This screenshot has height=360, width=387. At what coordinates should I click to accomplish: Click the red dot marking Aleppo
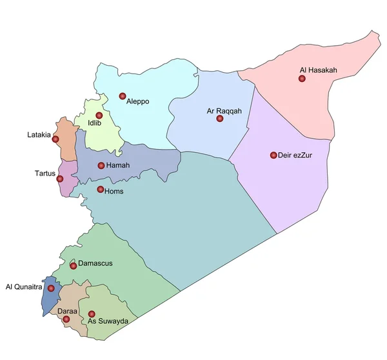[123, 96]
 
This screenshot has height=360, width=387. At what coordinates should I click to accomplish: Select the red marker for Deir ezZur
[273, 155]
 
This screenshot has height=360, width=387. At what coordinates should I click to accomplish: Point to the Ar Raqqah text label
[224, 111]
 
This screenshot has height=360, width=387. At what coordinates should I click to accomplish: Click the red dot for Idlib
[99, 115]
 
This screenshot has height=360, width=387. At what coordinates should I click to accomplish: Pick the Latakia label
[39, 135]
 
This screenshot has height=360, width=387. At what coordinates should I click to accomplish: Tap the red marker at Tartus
[60, 179]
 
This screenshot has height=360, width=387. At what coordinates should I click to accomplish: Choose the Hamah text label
[118, 166]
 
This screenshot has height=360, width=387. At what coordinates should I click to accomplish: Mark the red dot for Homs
[100, 190]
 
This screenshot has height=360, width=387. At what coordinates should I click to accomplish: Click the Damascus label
[95, 264]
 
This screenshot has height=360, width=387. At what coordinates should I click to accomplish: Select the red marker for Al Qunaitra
[51, 288]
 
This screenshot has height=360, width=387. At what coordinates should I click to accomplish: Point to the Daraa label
[67, 312]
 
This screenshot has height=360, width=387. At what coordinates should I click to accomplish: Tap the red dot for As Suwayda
[92, 314]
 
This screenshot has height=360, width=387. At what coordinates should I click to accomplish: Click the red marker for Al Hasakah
[301, 79]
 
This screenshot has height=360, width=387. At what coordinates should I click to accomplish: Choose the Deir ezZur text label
[295, 155]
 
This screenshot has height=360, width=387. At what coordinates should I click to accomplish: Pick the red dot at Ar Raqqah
[219, 119]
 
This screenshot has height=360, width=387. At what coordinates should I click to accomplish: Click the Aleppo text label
[138, 101]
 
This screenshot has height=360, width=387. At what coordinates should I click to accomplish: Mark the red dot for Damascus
[73, 265]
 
